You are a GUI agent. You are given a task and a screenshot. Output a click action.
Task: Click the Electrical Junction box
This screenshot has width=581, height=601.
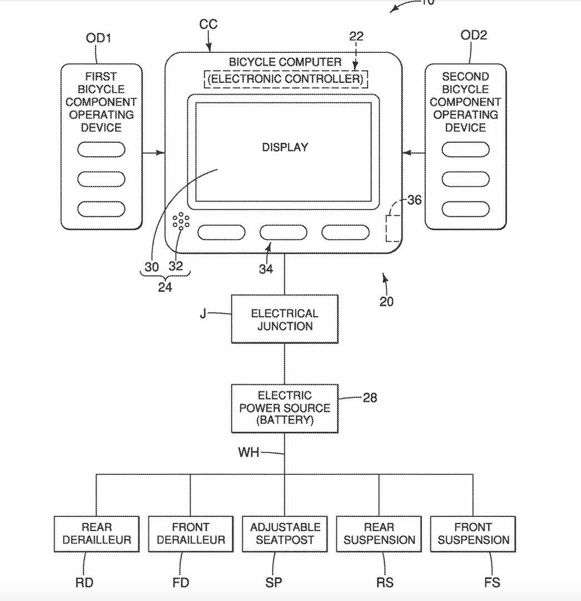[x=285, y=319]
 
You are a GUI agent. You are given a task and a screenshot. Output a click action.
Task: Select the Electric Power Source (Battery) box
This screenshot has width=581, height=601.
[x=285, y=408]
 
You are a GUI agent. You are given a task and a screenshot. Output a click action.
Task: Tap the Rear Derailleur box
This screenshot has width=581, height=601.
[x=97, y=534]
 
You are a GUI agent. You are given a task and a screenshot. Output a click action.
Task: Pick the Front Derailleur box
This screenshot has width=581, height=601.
[x=191, y=534]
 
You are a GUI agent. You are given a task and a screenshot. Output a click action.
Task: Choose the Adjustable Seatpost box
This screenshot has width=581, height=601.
[x=285, y=534]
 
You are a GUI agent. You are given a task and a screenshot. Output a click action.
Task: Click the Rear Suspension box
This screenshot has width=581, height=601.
[x=379, y=534]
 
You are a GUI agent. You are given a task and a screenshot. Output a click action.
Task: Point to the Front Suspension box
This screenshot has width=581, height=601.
[x=473, y=534]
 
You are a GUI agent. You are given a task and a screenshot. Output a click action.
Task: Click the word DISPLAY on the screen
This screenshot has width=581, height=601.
[x=285, y=147]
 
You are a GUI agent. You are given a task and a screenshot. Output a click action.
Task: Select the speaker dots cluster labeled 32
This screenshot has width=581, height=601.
[x=181, y=221]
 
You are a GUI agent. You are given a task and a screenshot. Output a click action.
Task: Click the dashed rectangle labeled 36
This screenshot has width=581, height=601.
[x=393, y=227]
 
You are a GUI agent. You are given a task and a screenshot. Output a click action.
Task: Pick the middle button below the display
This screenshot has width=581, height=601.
[x=284, y=233]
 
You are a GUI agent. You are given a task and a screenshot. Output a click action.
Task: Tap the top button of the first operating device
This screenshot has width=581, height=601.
[x=101, y=149]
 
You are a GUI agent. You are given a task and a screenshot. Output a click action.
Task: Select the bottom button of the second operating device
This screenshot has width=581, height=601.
[x=465, y=209]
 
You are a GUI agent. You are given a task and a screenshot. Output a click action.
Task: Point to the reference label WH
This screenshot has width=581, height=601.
[x=249, y=452]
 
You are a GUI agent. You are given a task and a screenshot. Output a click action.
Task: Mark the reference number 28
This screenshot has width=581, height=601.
[x=370, y=398]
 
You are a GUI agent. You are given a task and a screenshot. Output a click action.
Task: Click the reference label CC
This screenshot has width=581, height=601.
[x=208, y=24]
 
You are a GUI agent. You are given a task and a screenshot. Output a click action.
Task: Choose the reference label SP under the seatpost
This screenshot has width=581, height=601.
[x=273, y=583]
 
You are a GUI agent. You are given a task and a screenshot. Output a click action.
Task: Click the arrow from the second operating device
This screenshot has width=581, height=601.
[x=414, y=152]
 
